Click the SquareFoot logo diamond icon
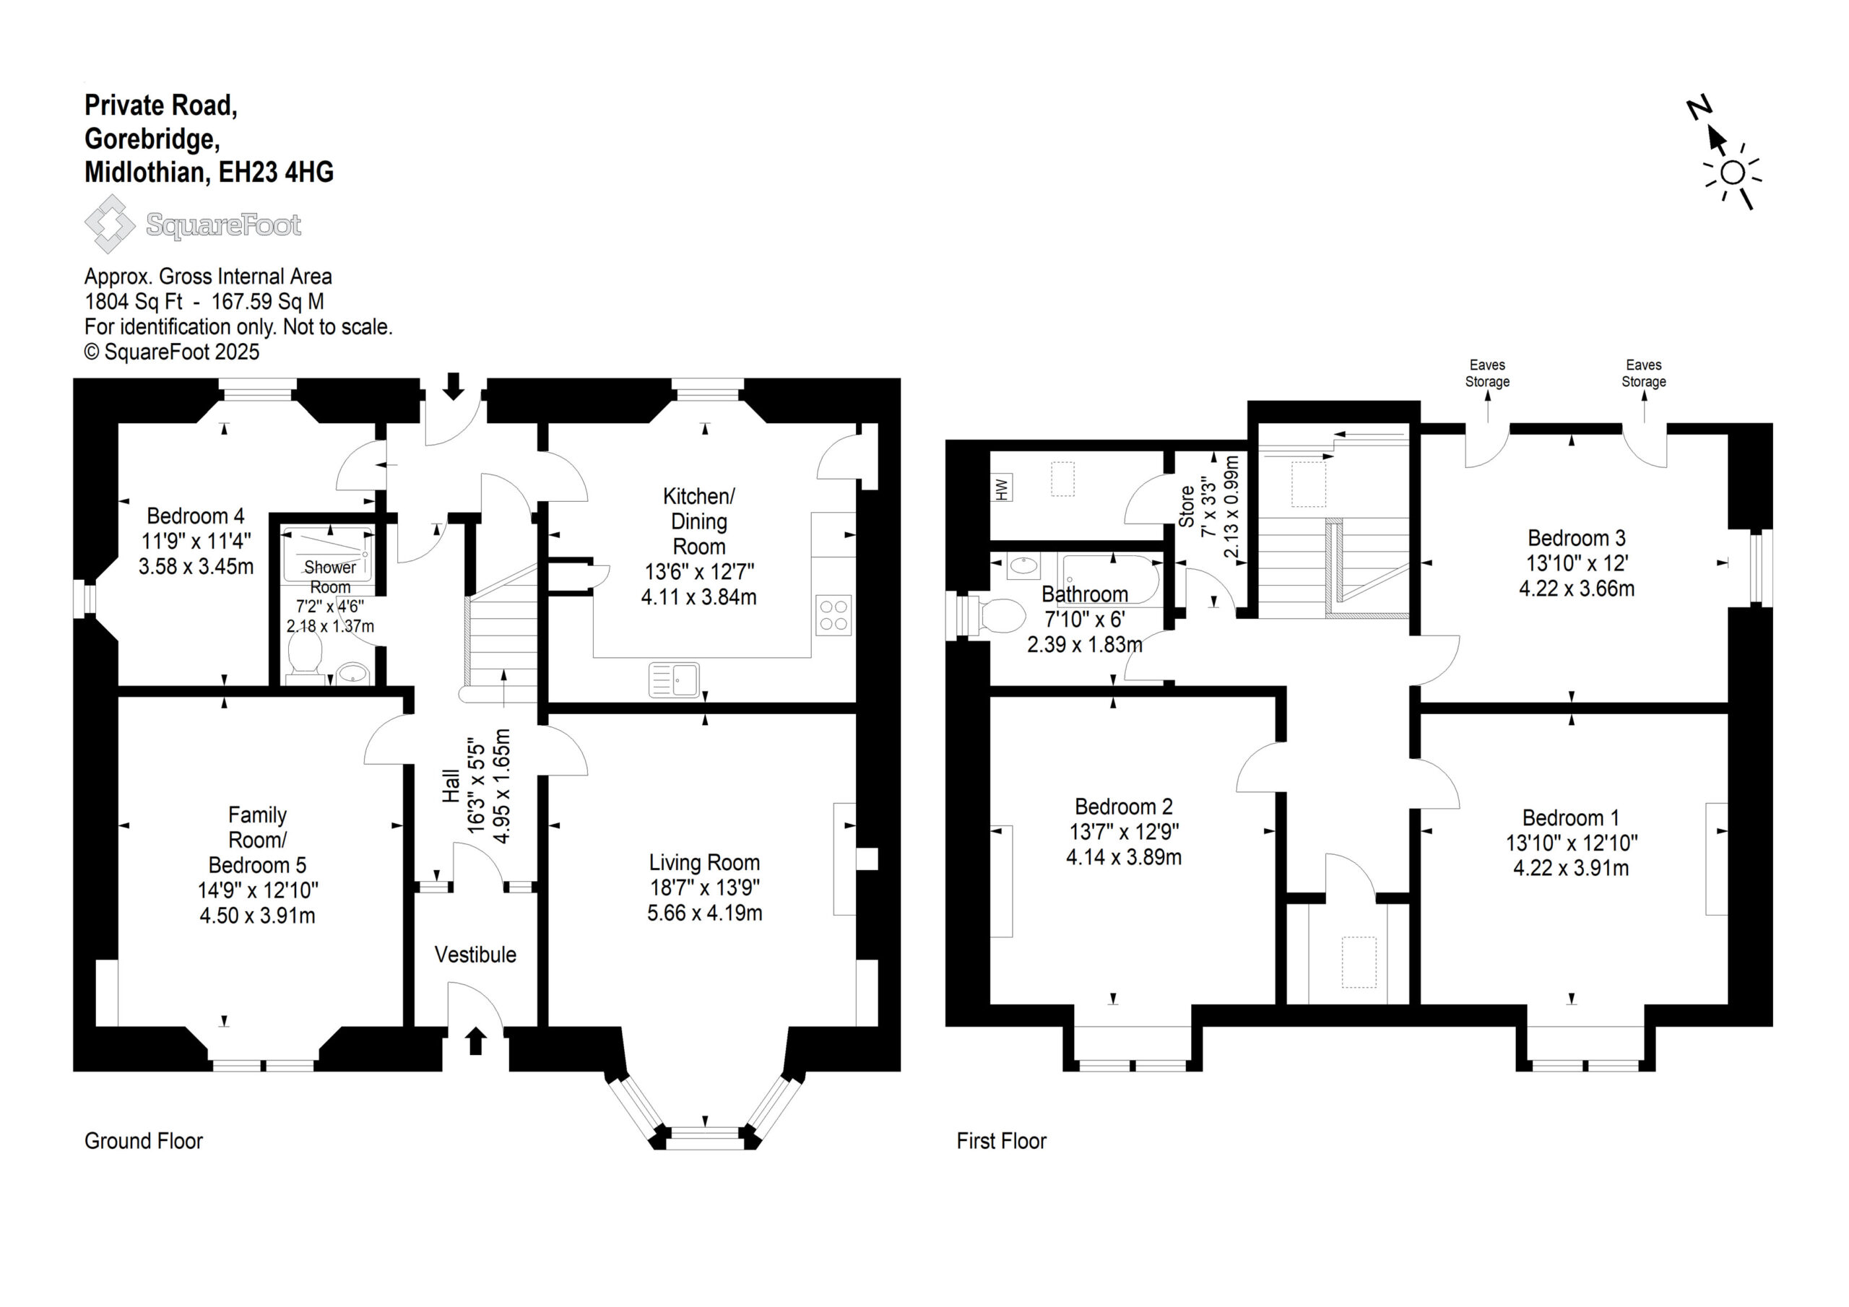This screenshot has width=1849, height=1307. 111,224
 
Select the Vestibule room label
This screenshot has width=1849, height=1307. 475,955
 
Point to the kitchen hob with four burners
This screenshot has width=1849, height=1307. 833,615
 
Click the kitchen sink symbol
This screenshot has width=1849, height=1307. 674,679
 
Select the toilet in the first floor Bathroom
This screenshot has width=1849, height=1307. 994,616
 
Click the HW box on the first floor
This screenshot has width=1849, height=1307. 1002,489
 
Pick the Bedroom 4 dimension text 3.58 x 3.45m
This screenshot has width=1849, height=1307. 196,566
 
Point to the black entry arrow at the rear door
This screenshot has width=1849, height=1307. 454,386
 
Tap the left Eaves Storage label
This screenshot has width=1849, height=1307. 1487,373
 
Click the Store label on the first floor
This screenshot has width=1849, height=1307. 1186,505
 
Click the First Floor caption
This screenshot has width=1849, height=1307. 1001,1141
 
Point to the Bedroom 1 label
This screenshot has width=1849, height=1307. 1570,818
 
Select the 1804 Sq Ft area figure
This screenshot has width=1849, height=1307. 134,302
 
